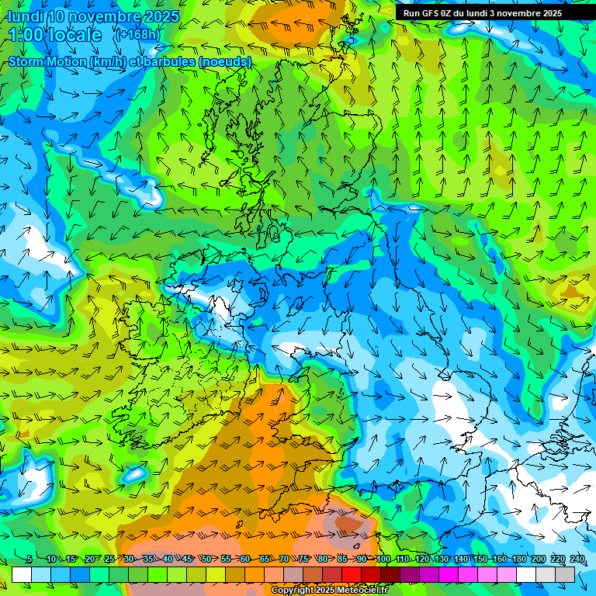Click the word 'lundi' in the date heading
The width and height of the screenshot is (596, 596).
tap(25, 16)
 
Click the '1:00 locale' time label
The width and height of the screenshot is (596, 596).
tap(54, 35)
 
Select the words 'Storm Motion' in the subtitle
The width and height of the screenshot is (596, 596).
tap(47, 61)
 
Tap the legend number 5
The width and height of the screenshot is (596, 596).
tap(29, 559)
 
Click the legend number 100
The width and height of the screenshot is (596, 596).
tap(383, 559)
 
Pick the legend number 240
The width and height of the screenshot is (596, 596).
tap(577, 559)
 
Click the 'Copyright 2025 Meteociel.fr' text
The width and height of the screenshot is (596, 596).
tap(330, 591)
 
